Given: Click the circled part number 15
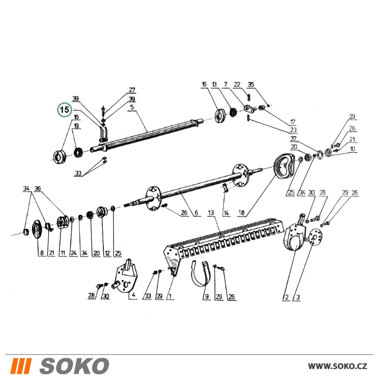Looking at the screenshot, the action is tap(64, 110).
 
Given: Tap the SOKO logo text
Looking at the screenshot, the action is tap(74, 366).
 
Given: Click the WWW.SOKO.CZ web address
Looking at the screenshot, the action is tap(338, 366).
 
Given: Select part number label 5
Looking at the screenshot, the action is tap(132, 107).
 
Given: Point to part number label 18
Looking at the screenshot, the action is tap(241, 212).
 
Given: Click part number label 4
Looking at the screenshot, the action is tap(133, 294).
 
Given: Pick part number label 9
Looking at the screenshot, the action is tap(207, 296).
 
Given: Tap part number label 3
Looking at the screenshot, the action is tap(298, 297).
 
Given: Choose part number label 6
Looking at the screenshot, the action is tap(197, 212).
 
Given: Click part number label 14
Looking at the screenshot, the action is tap(226, 213).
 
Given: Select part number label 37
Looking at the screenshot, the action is tap(293, 139).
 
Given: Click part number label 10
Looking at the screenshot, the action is tap(352, 149).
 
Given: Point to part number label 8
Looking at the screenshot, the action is tap(42, 253).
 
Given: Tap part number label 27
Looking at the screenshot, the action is tap(132, 90).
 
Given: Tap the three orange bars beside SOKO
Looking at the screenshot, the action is tap(22, 366).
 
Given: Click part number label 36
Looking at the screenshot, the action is tap(37, 189).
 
